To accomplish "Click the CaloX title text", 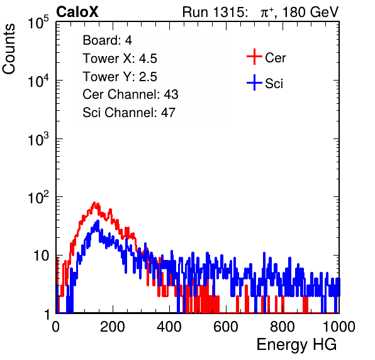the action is (77, 12).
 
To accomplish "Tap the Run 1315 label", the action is (214, 12).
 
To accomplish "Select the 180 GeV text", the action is (310, 12).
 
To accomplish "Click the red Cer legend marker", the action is (254, 57).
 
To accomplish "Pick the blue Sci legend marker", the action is (254, 82).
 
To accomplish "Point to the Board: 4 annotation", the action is (107, 40).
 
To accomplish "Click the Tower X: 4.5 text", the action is (120, 59).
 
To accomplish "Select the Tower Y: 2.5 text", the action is (120, 77).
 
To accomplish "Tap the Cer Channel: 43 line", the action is (130, 94).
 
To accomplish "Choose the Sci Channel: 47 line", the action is (129, 113).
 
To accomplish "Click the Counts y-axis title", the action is (9, 49).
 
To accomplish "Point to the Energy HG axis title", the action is (296, 345).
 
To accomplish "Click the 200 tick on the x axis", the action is (113, 327).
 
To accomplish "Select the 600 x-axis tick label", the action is (226, 327).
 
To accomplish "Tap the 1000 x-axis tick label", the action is (339, 327).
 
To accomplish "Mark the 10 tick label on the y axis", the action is (42, 256).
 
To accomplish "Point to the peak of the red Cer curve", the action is (94, 203).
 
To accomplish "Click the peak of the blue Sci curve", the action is (98, 221).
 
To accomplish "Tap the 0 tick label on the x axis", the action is (56, 327).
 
